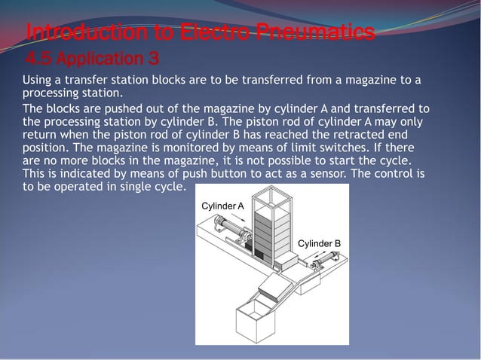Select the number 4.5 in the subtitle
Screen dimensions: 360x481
coord(38,58)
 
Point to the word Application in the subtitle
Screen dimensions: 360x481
coord(97,58)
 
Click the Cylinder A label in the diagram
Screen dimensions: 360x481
coord(222,206)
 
